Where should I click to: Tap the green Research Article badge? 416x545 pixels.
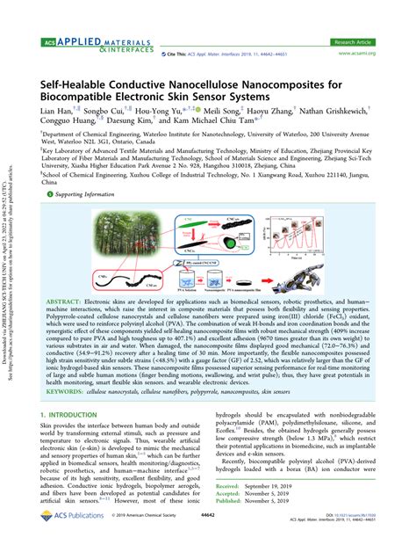pos(355,40)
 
